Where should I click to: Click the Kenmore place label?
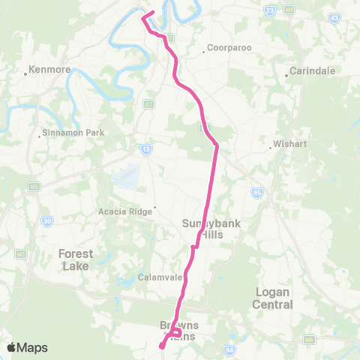[49, 70]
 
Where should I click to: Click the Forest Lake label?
[76, 259]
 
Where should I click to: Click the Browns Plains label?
[179, 330]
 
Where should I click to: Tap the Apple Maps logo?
[27, 347]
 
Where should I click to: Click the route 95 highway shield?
[256, 193]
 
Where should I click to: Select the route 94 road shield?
[229, 349]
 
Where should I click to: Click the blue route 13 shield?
[146, 149]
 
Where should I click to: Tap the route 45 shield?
[334, 16]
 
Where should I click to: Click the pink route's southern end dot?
[162, 346]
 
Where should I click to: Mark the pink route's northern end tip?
[153, 11]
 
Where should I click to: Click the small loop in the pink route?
[175, 332]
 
